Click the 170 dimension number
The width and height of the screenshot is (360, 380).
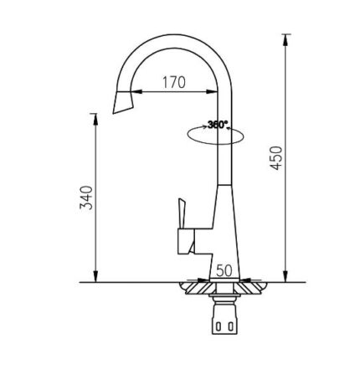coord(173,82)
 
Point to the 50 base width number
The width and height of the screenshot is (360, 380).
coord(224,270)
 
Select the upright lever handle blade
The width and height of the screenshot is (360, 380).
coord(179,216)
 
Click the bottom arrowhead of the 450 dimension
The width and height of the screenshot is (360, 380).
coord(286,278)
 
